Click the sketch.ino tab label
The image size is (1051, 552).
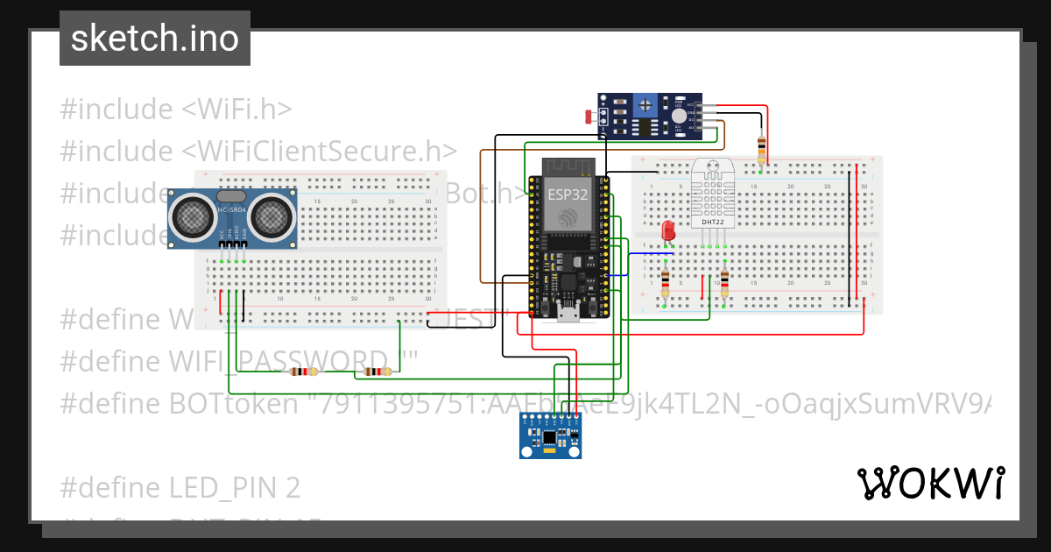154,39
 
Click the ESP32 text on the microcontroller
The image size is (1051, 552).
567,195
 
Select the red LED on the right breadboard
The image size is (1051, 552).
668,231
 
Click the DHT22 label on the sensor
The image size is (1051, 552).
713,223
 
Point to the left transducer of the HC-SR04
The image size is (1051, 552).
191,214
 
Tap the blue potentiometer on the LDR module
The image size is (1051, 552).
645,106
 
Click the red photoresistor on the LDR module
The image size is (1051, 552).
589,115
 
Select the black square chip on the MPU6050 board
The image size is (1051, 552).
549,436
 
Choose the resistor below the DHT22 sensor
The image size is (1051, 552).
724,280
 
